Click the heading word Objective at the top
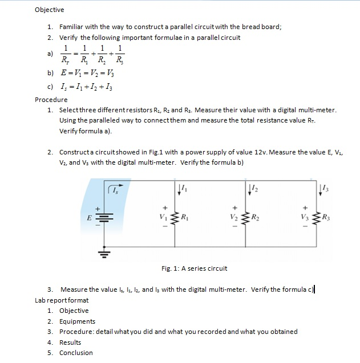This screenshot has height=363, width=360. (x=50, y=10)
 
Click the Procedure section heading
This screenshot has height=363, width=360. (x=51, y=100)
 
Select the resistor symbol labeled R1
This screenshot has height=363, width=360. (x=175, y=217)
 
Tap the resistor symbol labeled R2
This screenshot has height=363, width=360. (x=246, y=217)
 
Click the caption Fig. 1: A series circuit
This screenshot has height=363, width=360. (x=194, y=268)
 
